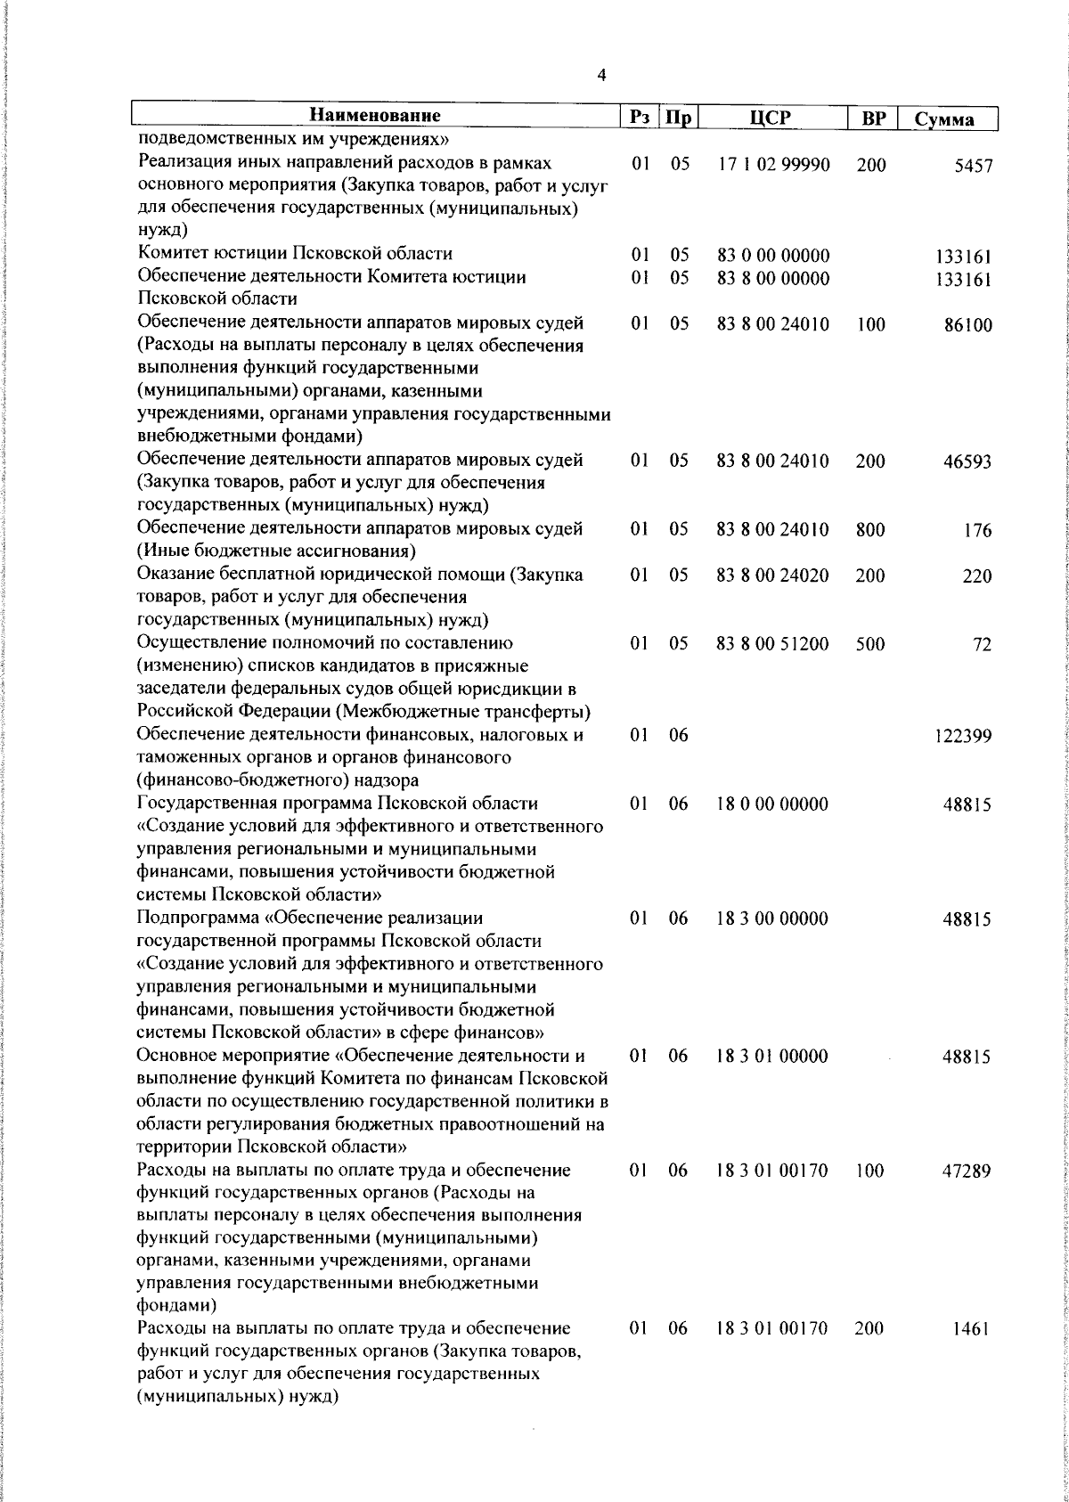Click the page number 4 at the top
pos(601,75)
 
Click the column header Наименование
pos(375,116)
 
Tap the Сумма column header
pos(945,119)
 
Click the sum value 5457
pos(973,167)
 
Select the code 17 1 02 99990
pos(773,165)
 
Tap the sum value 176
pos(977,531)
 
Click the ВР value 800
pos(870,530)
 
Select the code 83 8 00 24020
pos(773,575)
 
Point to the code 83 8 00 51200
pos(773,644)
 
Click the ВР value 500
pos(870,644)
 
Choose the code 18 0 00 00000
pos(773,804)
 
